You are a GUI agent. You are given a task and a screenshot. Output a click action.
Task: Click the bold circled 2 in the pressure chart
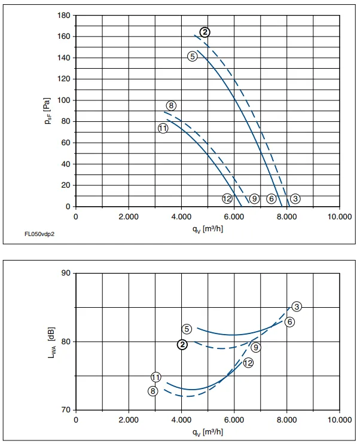click(205, 32)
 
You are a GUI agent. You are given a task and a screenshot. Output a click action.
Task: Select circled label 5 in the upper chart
click(193, 57)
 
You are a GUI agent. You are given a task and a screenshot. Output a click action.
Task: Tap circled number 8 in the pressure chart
click(171, 106)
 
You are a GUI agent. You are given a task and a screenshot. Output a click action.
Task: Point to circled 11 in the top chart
click(163, 128)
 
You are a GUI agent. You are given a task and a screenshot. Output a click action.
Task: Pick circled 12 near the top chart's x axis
click(227, 199)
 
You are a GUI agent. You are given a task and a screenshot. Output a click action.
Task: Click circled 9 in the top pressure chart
click(254, 199)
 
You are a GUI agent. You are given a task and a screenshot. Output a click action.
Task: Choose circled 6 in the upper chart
click(271, 199)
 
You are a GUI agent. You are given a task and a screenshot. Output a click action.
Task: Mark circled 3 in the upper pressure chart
click(295, 199)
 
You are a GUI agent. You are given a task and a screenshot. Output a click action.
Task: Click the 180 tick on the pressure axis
click(64, 16)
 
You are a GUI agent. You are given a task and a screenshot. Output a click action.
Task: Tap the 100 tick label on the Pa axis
click(64, 100)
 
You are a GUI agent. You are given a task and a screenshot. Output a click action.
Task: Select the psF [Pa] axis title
click(48, 111)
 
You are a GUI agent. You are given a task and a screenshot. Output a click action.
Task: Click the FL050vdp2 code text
click(39, 234)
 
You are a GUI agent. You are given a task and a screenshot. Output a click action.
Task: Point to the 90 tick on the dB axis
click(66, 273)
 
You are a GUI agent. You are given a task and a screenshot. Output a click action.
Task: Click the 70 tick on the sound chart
click(66, 410)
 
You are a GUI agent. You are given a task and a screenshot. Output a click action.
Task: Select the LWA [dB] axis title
click(52, 343)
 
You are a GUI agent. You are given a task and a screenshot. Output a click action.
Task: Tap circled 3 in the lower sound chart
click(297, 307)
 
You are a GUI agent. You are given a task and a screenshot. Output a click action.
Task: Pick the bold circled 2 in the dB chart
click(182, 345)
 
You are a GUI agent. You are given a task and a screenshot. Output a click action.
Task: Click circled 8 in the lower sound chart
click(152, 391)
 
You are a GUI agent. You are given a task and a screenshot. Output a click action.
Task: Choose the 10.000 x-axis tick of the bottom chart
click(340, 419)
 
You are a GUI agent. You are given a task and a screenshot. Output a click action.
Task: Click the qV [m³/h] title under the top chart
click(208, 229)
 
